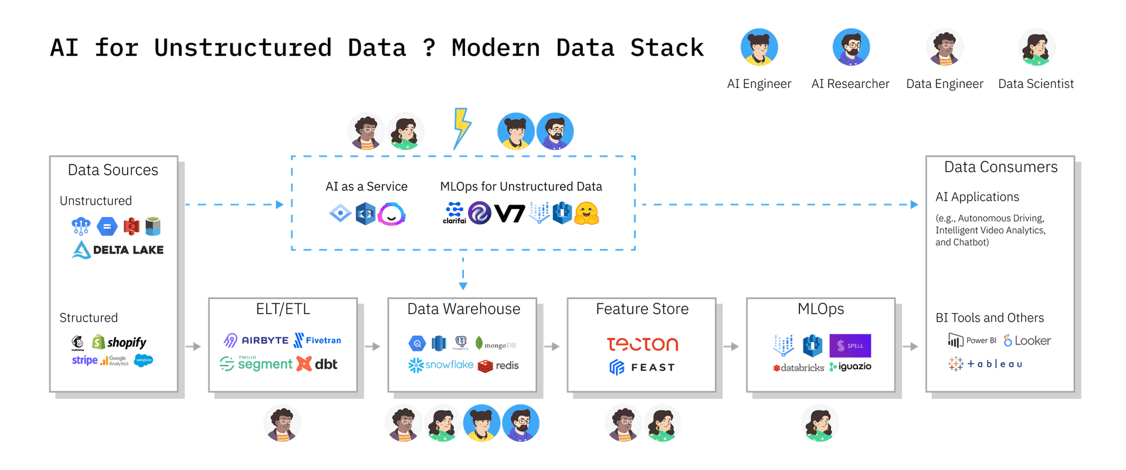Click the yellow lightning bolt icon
[x=462, y=127]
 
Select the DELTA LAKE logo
[x=118, y=250]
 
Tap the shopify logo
[x=120, y=342]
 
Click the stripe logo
[x=84, y=360]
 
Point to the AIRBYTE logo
[x=256, y=340]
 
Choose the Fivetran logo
[x=317, y=340]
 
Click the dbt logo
[x=317, y=364]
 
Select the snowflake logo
[x=441, y=365]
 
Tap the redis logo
[x=498, y=366]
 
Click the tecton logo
[x=642, y=344]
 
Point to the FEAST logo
[x=642, y=367]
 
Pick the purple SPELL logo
[x=850, y=346]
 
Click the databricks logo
[x=799, y=368]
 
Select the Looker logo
[x=1027, y=340]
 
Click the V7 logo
[x=509, y=214]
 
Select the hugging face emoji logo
[x=586, y=214]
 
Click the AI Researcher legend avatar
[x=851, y=47]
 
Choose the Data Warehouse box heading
[x=463, y=309]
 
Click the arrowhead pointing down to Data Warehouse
[x=463, y=286]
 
